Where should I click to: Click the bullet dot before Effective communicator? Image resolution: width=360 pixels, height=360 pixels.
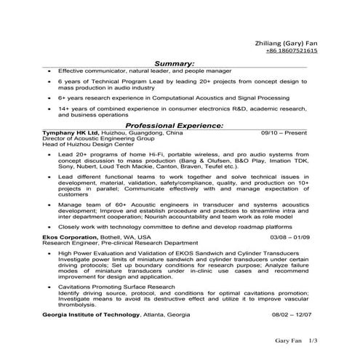tap(47, 72)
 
